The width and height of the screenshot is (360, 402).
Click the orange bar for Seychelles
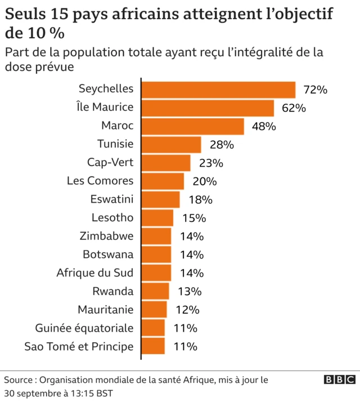[218, 90]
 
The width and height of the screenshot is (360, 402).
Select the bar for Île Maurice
[208, 108]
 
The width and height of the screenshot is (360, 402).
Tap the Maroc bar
[192, 127]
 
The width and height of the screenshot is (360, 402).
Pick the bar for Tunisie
[171, 145]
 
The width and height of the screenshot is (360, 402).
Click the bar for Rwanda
[155, 291]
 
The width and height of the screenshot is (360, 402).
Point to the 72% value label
[315, 90]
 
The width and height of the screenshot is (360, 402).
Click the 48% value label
[264, 127]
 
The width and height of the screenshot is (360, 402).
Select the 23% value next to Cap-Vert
[211, 163]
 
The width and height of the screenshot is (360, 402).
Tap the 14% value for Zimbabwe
[192, 236]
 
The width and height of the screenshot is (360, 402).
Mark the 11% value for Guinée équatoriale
[186, 328]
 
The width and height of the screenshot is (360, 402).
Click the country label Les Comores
[100, 181]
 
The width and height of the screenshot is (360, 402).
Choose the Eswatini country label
[112, 199]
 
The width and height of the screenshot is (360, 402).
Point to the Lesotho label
[112, 218]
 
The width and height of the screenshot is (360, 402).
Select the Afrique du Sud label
[95, 273]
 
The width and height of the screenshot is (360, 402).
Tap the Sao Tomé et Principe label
[79, 346]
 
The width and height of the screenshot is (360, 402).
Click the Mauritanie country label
[106, 310]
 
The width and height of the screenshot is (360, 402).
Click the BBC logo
[339, 379]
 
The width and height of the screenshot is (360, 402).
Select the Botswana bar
[156, 254]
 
